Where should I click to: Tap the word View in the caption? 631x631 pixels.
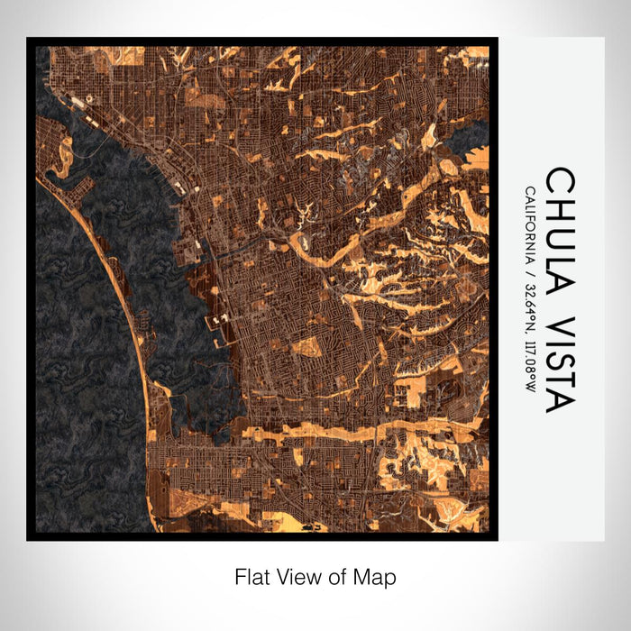[293, 576]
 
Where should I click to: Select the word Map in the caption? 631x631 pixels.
[380, 576]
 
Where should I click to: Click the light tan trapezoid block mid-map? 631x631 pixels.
[307, 347]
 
